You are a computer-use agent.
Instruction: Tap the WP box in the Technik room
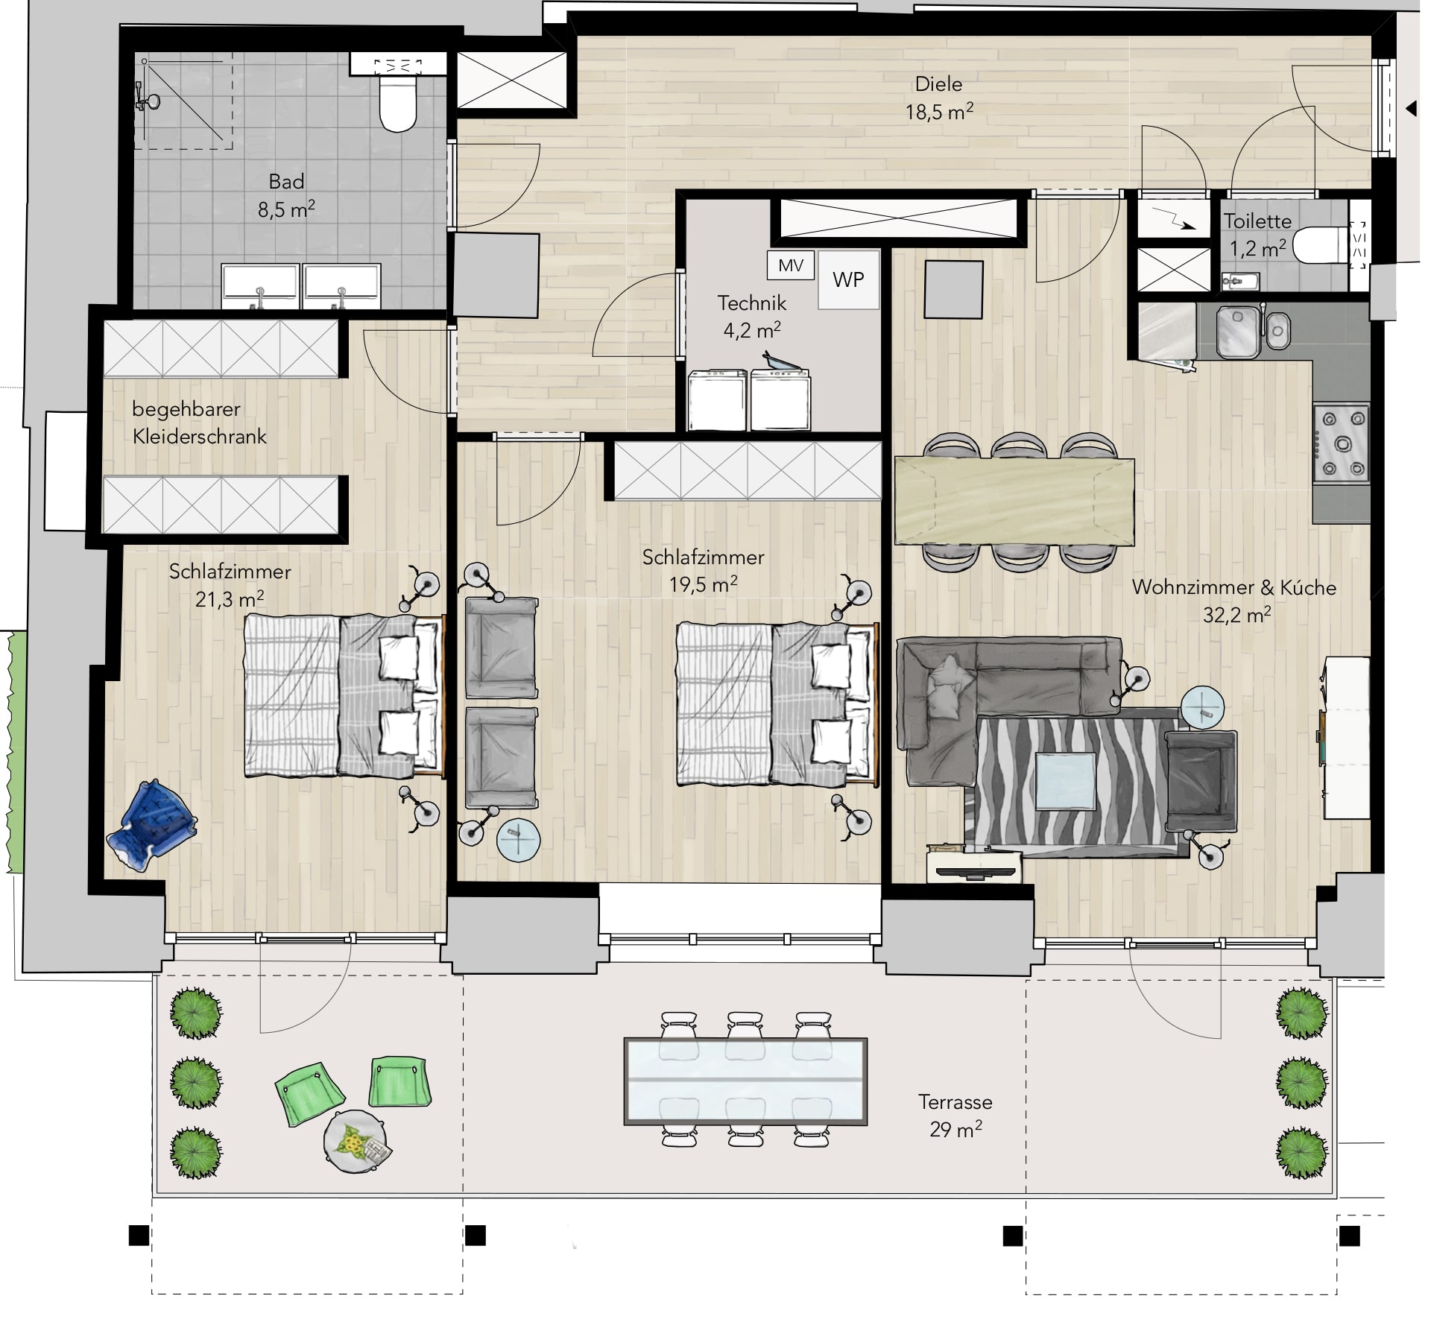pos(848,279)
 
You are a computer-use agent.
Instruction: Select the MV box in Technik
pos(791,265)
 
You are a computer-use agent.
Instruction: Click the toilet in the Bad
pos(397,104)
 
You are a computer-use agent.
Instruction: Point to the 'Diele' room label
pos(938,84)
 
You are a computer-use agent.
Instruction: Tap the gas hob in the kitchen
pos(1342,445)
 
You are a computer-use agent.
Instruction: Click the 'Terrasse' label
pos(955,1101)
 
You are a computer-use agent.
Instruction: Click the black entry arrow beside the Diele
pos(1410,109)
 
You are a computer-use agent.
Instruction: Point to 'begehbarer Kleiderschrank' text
pos(199,423)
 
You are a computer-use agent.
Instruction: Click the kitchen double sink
pos(1253,331)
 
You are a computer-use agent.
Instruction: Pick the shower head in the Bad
pos(147,102)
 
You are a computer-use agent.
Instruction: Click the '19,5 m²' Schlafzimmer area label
pos(704,584)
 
